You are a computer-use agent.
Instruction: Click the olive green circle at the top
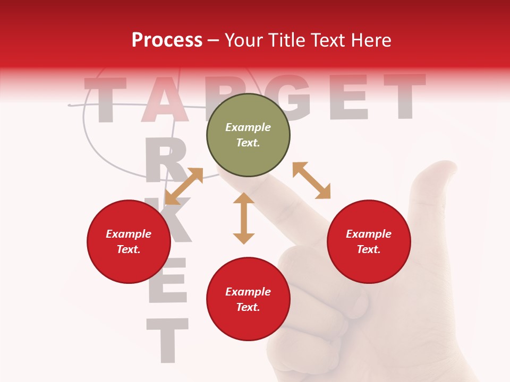coord(248,135)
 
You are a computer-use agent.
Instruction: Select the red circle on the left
coord(129,241)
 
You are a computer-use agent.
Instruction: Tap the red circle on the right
coord(369,241)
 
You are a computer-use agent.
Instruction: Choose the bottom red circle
coord(248,299)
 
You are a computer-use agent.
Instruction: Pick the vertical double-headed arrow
coord(244,218)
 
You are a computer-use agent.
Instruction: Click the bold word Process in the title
coord(167,40)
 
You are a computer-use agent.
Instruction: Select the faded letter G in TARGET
coord(290,97)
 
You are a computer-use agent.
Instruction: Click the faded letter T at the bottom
coord(167,340)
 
